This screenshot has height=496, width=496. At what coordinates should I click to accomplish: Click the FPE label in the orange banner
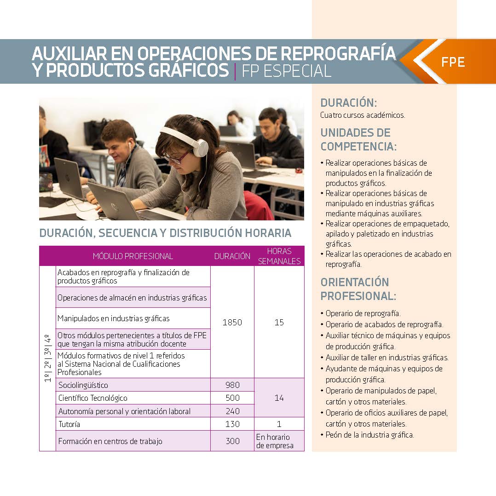453,62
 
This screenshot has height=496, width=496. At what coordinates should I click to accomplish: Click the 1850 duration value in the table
232,323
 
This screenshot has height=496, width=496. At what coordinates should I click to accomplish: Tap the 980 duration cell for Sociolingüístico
232,385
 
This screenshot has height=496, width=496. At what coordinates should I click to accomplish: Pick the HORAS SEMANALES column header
279,256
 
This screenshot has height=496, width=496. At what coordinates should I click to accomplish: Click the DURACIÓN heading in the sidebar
348,103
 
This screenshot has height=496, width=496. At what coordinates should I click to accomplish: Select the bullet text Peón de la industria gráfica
370,435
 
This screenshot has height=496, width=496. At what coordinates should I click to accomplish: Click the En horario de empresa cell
273,441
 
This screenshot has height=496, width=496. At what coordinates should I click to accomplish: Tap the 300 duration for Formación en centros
232,441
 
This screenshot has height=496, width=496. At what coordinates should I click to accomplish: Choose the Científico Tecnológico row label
92,398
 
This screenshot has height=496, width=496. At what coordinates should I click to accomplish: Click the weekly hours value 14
279,398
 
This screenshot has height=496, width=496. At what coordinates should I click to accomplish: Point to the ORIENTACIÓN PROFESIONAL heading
355,288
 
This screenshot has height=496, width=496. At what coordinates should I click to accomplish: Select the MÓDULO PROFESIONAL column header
133,256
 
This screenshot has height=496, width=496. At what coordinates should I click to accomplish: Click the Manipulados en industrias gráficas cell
114,318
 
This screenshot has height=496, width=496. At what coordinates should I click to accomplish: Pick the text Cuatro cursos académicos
363,115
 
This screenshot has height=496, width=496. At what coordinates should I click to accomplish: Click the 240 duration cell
232,411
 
